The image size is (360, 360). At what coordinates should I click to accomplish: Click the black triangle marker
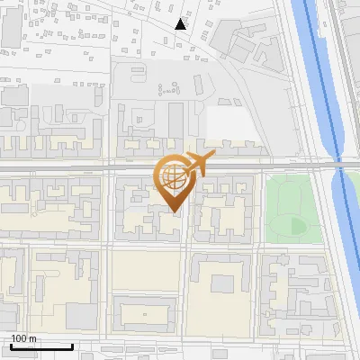click(181, 24)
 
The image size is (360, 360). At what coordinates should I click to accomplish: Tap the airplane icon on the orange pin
click(198, 164)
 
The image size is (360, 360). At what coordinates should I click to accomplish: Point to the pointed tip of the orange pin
click(175, 211)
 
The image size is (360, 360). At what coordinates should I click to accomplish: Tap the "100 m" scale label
click(24, 338)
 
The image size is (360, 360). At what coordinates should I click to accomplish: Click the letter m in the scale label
click(32, 338)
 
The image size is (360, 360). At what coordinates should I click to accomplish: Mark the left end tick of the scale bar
click(11, 345)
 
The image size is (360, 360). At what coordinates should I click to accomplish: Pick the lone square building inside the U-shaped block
click(221, 283)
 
